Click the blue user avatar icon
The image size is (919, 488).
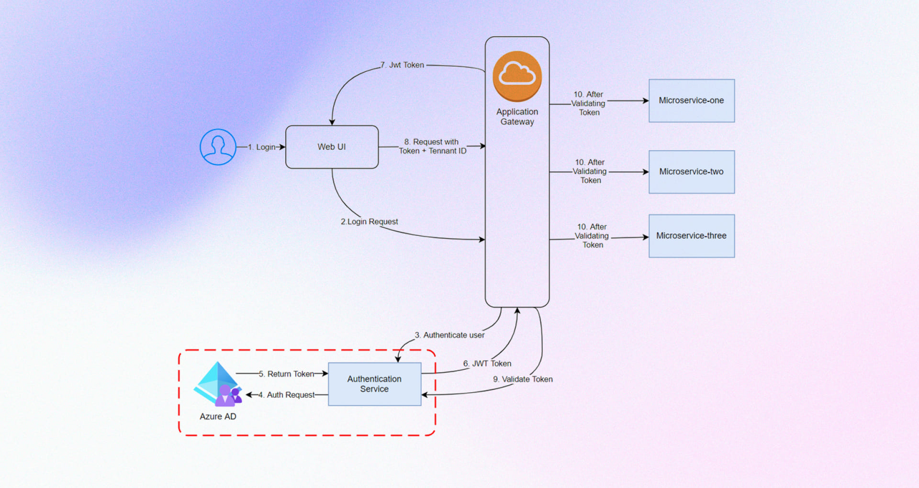218,147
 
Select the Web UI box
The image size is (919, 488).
332,147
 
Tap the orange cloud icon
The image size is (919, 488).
517,76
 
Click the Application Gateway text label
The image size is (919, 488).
517,117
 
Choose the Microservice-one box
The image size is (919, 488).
691,100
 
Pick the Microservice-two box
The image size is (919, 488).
691,172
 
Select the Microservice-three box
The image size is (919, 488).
691,236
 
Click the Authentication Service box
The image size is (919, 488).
374,384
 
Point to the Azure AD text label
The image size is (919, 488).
218,417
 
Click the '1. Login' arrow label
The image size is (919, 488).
262,147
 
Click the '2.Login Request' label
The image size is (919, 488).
369,222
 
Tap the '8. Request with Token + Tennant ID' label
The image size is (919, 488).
432,146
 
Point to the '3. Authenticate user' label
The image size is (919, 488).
449,335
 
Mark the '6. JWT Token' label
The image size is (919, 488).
487,364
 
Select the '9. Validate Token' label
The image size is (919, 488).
523,379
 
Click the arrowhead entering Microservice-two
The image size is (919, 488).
645,172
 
